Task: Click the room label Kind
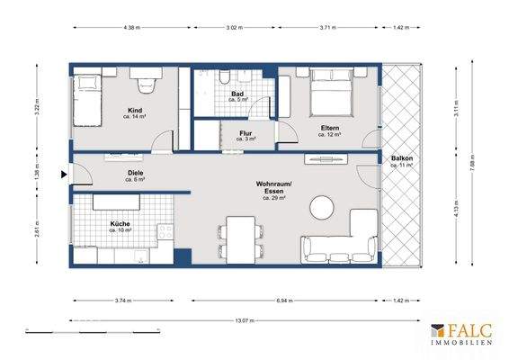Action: (x=136, y=110)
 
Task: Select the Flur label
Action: (x=246, y=134)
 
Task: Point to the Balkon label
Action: (x=401, y=159)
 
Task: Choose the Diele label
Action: (x=136, y=175)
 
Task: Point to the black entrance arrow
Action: (x=63, y=175)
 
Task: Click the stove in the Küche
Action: (x=165, y=231)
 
